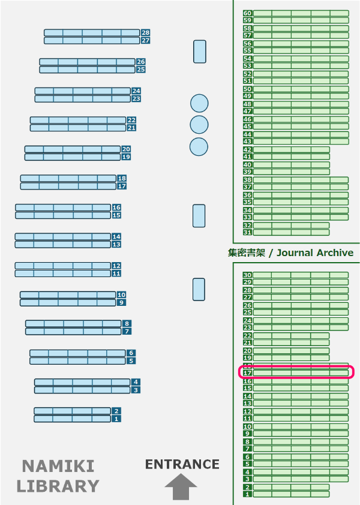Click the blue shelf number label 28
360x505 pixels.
click(x=145, y=32)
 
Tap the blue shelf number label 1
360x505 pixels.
click(x=116, y=419)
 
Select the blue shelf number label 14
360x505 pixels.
click(x=116, y=236)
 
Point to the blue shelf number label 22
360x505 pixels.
click(x=131, y=120)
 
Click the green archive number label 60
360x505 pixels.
click(x=247, y=13)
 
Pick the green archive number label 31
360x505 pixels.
click(x=247, y=232)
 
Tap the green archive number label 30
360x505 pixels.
click(x=247, y=275)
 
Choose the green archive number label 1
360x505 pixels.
click(x=247, y=494)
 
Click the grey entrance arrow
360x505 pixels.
click(x=181, y=486)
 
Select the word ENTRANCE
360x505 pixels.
click(x=182, y=464)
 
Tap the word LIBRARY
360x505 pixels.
click(x=58, y=486)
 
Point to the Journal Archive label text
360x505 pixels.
click(x=291, y=252)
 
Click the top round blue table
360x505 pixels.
click(x=199, y=103)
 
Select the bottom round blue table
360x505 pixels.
click(x=199, y=146)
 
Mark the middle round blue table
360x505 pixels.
click(x=199, y=125)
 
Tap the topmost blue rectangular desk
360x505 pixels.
click(x=200, y=52)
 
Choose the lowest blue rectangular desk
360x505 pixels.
click(x=199, y=289)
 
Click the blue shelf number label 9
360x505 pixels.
click(x=121, y=303)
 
